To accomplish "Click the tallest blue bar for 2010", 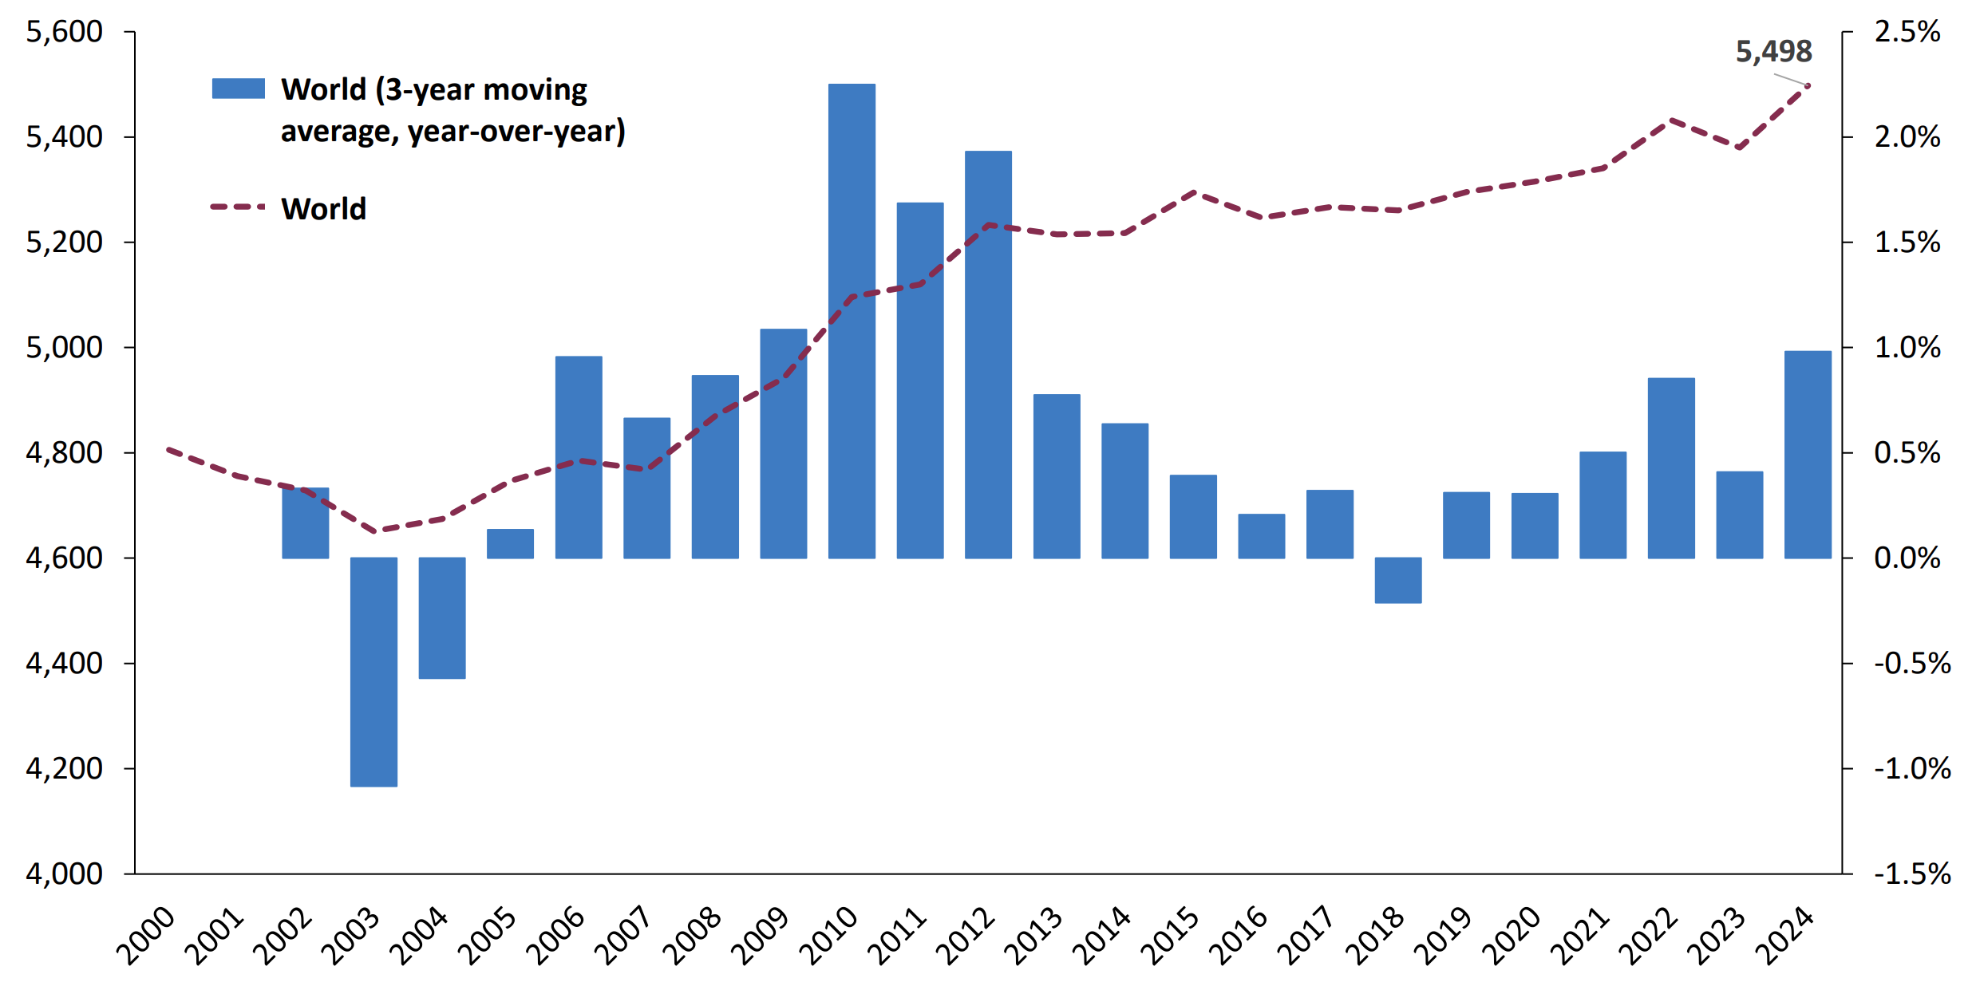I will pos(852,319).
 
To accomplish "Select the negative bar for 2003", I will pos(373,672).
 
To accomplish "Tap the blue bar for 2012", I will pos(988,354).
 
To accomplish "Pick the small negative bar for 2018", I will pos(1397,580).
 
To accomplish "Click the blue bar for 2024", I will pos(1808,454).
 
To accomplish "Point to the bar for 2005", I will pos(510,543).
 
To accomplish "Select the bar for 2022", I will pos(1671,467).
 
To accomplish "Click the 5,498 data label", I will pos(1773,52).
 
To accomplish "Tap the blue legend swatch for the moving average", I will pos(238,89).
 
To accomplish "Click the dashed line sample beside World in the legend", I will pos(238,207).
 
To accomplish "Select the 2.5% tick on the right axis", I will pos(1907,32).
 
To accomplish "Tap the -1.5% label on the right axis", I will pos(1911,874).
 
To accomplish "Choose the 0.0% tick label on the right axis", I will pos(1907,558).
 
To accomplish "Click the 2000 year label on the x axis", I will pos(146,935).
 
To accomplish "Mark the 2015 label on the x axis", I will pos(1170,935).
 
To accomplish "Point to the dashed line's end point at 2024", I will pos(1808,85).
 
